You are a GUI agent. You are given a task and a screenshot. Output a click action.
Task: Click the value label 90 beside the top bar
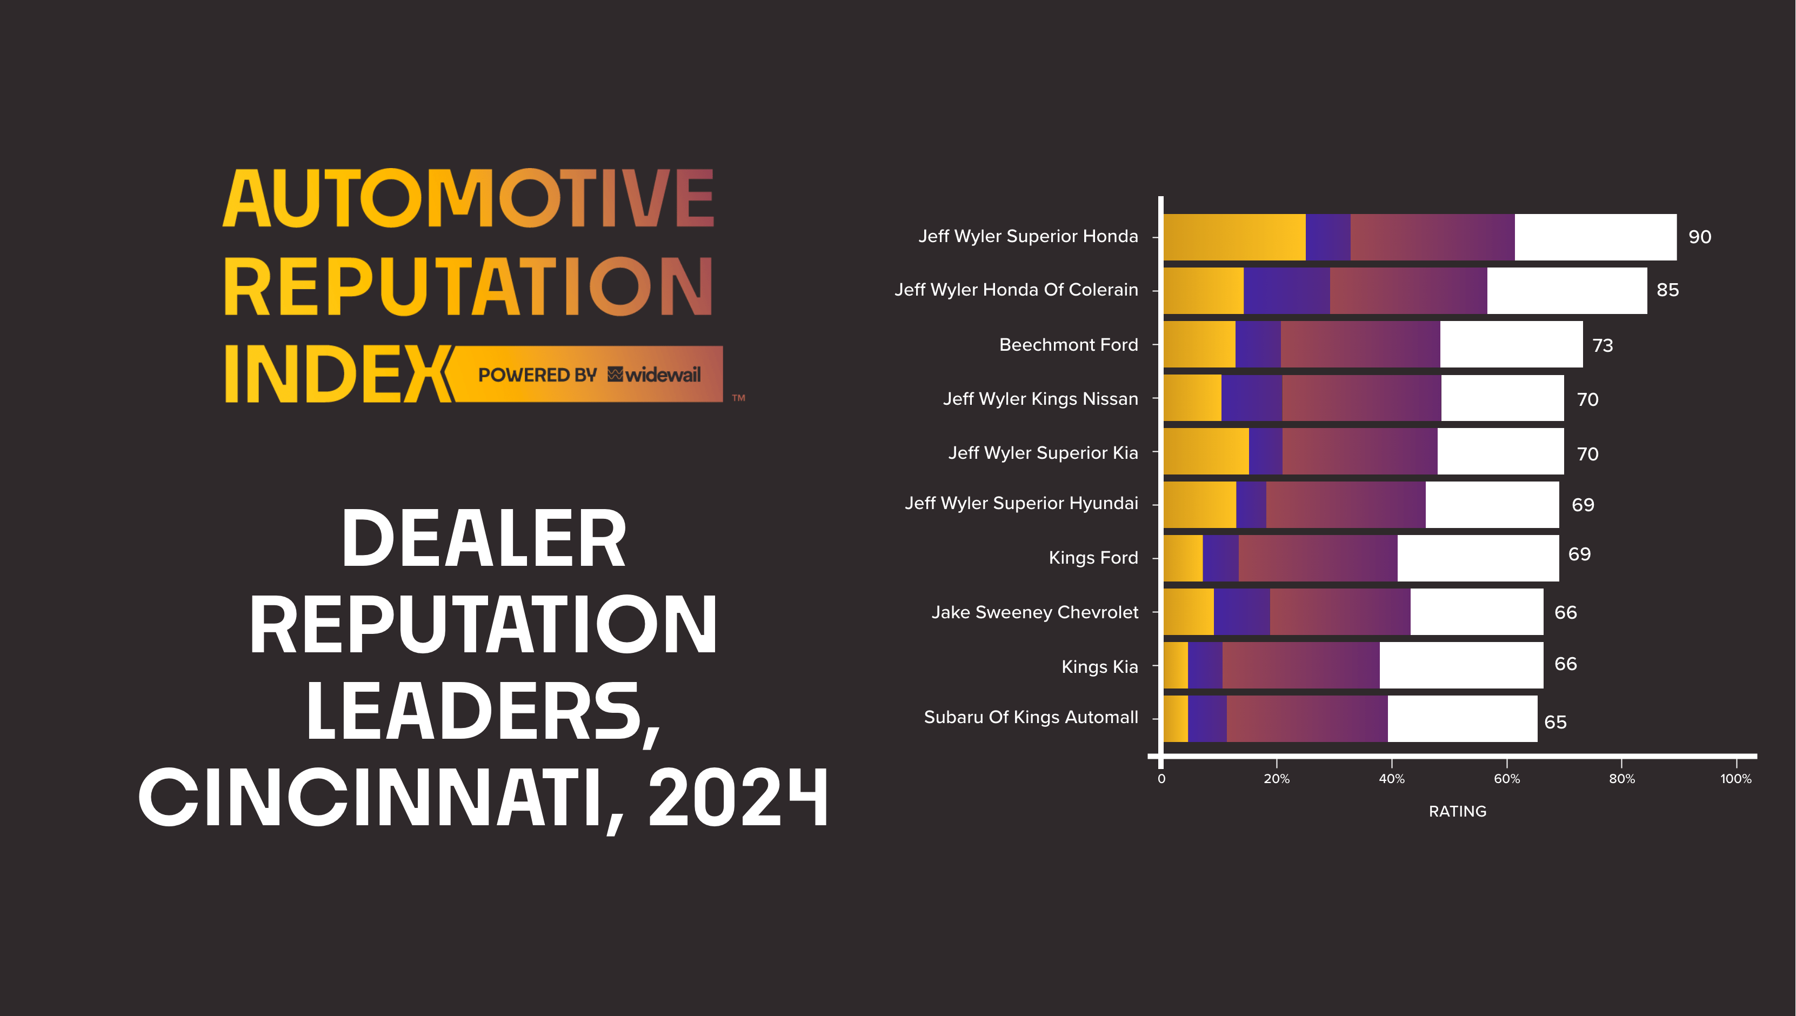pos(1699,237)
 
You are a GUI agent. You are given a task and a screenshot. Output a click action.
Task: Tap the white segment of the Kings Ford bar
pos(1477,558)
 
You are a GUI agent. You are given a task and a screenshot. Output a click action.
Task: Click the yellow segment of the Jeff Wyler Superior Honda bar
pos(1233,237)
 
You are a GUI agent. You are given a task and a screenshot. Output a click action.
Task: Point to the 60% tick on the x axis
pos(1506,779)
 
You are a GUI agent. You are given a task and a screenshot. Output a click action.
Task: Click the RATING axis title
pos(1457,811)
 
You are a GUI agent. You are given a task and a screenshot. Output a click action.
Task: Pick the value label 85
pos(1667,290)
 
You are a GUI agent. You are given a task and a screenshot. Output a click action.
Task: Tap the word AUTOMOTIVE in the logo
pos(468,199)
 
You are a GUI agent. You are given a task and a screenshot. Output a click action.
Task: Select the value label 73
pos(1602,345)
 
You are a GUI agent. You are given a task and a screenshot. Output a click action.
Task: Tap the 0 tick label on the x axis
pos(1161,779)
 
